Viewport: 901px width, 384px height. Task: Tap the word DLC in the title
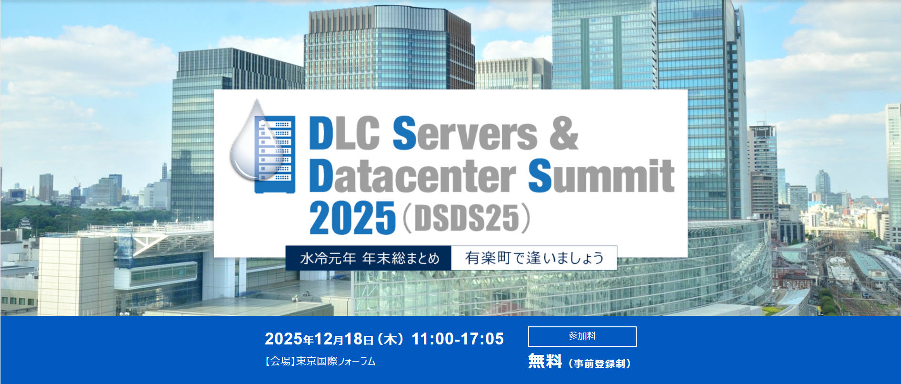pyautogui.click(x=344, y=133)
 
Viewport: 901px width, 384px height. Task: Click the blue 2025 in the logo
pyautogui.click(x=352, y=218)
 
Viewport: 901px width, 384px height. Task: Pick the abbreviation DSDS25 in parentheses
pyautogui.click(x=467, y=218)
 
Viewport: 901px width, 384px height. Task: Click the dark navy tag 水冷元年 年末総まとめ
pyautogui.click(x=369, y=258)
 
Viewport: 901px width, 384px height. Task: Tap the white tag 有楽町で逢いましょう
pyautogui.click(x=534, y=258)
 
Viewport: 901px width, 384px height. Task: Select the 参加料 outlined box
pyautogui.click(x=582, y=336)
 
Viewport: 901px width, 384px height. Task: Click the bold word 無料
pyautogui.click(x=545, y=361)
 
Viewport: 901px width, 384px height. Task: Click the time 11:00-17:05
pyautogui.click(x=458, y=339)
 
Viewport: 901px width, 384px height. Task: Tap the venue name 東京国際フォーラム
pyautogui.click(x=336, y=362)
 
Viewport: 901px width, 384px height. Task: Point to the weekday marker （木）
pyautogui.click(x=390, y=339)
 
